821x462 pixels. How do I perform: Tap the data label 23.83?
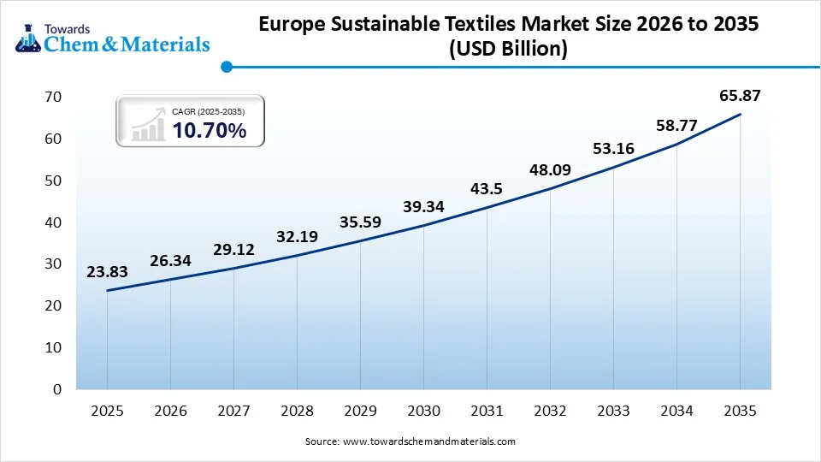(107, 272)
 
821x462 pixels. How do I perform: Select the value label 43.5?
(487, 188)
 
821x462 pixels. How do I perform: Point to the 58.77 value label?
(676, 126)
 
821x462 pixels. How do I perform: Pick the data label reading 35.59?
(360, 222)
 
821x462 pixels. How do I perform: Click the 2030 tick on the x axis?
(423, 411)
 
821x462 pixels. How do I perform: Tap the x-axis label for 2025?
(107, 411)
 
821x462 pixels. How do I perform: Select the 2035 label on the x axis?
(740, 411)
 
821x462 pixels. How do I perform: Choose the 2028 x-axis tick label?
(297, 411)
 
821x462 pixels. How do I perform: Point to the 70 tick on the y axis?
(53, 97)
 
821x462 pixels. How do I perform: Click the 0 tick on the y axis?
(57, 389)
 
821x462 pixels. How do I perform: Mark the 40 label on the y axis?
(53, 222)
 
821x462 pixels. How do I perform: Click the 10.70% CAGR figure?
(210, 131)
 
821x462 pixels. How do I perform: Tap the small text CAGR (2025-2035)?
(208, 111)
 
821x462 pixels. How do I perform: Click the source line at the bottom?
(410, 441)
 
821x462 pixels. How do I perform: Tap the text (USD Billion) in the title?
(508, 50)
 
